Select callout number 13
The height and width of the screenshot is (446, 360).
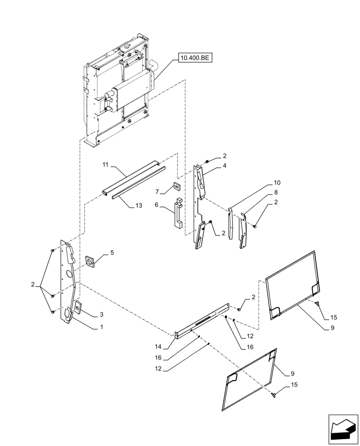[x=139, y=206]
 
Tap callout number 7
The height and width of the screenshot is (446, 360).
[x=157, y=192]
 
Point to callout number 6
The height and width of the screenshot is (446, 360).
[x=157, y=204]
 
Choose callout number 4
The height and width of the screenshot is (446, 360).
[x=225, y=166]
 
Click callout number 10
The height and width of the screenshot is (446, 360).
[x=277, y=183]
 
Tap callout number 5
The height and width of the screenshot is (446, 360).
[x=112, y=252]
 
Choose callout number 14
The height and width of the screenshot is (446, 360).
[x=159, y=347]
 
